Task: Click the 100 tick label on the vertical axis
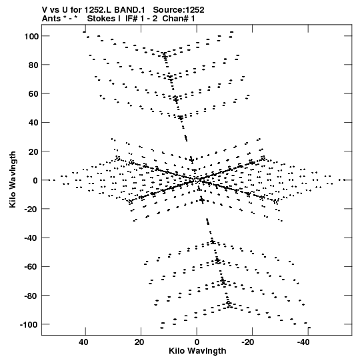pos(31,37)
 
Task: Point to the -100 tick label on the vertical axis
pos(29,324)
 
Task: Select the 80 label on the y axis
pos(33,65)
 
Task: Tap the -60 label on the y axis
pos(31,267)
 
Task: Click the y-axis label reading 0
pos(35,180)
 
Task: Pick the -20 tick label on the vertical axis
pos(31,210)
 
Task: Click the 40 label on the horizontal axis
pos(83,342)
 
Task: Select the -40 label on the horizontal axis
pos(303,342)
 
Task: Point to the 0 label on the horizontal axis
pos(197,342)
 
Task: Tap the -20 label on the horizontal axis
pos(248,342)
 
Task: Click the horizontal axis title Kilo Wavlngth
pos(197,351)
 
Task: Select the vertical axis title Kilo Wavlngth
pos(13,179)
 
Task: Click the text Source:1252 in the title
pos(179,10)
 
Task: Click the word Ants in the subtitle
pos(50,19)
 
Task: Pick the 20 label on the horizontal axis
pos(139,342)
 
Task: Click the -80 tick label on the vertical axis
pos(31,296)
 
